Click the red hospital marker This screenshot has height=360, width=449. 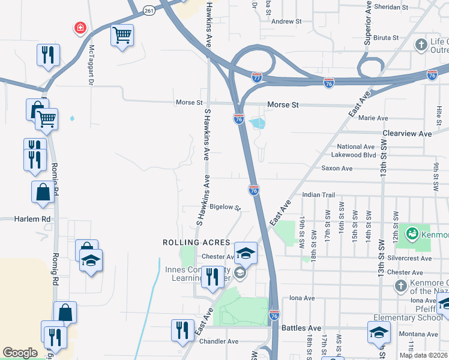point(79,28)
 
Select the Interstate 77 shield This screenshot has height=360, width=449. point(257,77)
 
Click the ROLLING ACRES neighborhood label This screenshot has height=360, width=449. point(197,242)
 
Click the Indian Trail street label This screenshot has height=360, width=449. point(318,195)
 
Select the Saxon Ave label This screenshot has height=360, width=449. point(337,169)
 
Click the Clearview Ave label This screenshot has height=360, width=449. point(408,134)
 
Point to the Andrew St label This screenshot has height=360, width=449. point(286,22)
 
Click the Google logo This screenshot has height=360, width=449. point(20,353)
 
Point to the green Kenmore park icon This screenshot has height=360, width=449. point(411,232)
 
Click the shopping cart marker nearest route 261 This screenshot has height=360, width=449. point(122,35)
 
